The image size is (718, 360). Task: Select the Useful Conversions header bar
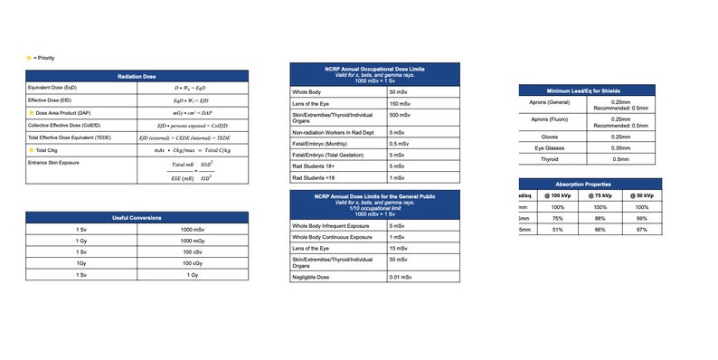click(137, 218)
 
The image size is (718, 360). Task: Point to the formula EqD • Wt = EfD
click(192, 100)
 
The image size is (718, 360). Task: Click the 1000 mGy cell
click(192, 242)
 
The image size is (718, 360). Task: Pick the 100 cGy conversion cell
click(192, 263)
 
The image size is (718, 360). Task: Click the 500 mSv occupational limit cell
click(400, 117)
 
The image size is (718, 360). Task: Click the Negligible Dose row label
click(313, 276)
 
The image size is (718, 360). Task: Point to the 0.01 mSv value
click(401, 276)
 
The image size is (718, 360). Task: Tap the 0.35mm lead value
click(620, 147)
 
